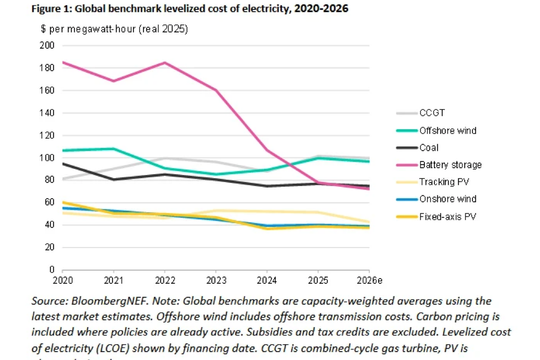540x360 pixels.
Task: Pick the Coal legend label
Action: [428, 148]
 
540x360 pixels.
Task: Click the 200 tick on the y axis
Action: [48, 45]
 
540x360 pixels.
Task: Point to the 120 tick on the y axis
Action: [48, 135]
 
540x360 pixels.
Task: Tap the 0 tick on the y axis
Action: [52, 270]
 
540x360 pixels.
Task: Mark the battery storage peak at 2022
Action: [165, 63]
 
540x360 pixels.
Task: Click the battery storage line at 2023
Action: [216, 90]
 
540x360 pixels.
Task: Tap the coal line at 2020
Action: [63, 163]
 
